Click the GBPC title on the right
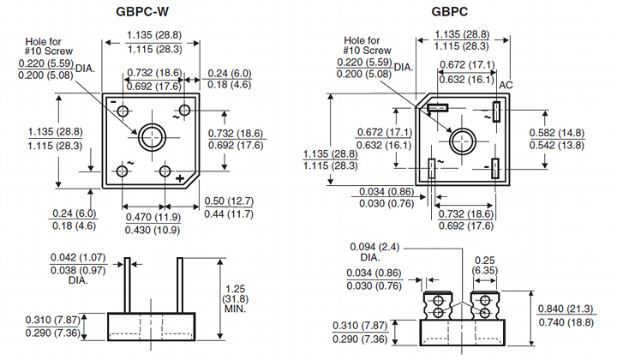(x=451, y=12)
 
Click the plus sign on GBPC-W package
(x=181, y=177)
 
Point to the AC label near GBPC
(x=506, y=86)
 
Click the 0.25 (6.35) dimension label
(x=486, y=264)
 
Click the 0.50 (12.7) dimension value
(x=227, y=201)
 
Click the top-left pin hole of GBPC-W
(x=124, y=111)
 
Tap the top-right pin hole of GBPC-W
(x=184, y=111)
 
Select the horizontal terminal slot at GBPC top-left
(x=438, y=108)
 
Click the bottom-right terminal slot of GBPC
(x=495, y=166)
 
